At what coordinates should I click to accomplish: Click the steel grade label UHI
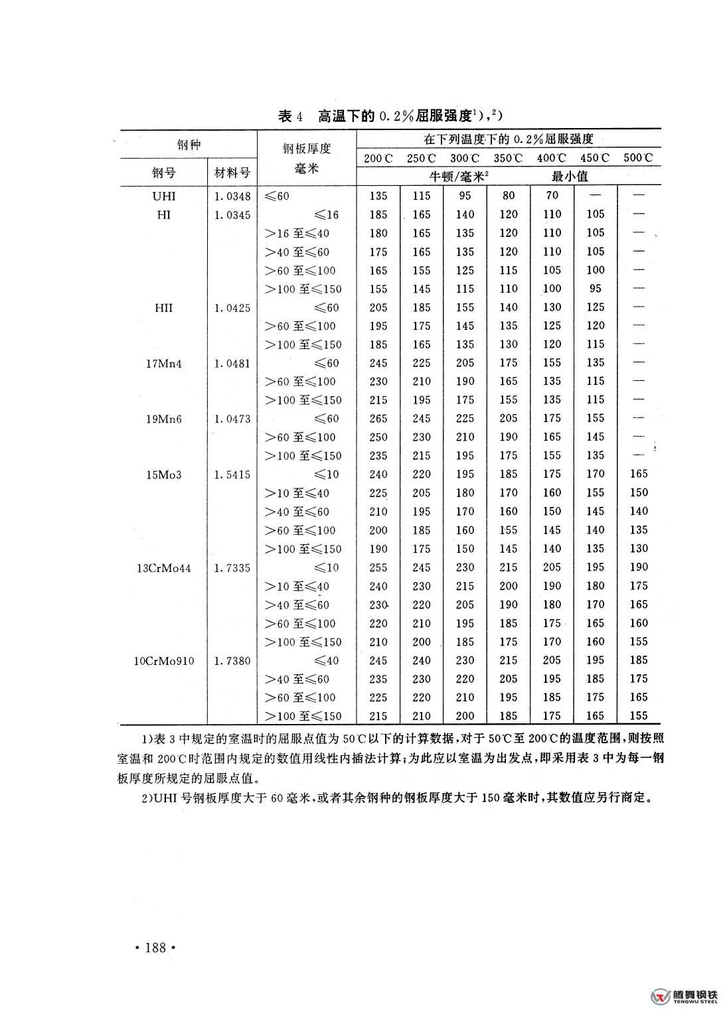click(164, 196)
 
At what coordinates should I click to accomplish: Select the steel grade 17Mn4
click(164, 364)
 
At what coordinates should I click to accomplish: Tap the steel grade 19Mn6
click(164, 419)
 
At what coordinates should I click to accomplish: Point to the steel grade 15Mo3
click(164, 475)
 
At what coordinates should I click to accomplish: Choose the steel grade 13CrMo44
click(164, 568)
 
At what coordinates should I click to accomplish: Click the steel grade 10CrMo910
click(164, 661)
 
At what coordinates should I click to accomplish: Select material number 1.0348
click(233, 196)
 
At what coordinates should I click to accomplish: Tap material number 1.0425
click(233, 308)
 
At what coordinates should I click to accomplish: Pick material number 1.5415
click(233, 475)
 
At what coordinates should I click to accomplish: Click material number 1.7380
click(233, 661)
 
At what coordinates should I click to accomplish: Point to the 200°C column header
click(378, 158)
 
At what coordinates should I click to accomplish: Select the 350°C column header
click(508, 158)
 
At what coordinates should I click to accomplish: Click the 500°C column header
click(638, 158)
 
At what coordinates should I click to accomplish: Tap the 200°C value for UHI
click(378, 196)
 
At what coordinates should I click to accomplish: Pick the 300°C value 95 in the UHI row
click(465, 196)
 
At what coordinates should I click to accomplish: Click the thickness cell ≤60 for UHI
click(277, 196)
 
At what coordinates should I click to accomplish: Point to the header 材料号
click(232, 173)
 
